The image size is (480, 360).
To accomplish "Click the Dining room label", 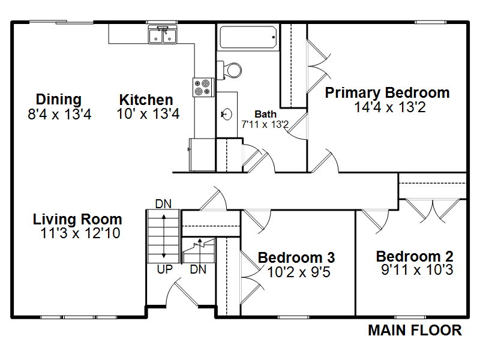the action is pos(59,100).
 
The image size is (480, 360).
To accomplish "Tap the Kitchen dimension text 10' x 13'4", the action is pos(148,114).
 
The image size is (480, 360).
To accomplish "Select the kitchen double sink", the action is pos(162,34).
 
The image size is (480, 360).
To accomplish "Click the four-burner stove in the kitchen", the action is pos(203,87).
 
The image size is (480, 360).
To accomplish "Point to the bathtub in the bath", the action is pos(248,37).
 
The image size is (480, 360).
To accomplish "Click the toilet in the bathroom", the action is pos(229,70).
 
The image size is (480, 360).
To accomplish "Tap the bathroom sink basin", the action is pos(226,115).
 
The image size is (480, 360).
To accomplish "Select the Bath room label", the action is pos(265,114).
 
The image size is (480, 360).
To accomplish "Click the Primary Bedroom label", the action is pos(387,93).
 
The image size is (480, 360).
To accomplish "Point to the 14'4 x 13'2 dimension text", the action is pos(390,107).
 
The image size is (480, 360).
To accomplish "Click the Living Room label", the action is pos(77,219).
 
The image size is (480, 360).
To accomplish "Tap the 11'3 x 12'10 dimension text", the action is pos(80,233).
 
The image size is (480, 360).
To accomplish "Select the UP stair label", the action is pos(164,269).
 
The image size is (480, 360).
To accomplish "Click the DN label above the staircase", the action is pos(163,204).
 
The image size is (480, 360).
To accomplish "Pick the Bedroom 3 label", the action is pos(296,257).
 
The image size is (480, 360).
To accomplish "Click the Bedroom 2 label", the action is pos(415,256).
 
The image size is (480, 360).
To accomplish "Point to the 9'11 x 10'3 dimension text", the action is pos(417,270).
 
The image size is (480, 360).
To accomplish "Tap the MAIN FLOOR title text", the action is pos(415,331).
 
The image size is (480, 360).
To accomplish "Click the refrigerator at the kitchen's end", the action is pos(202,155).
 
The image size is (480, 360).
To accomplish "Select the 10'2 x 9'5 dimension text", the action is pos(299,272).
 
